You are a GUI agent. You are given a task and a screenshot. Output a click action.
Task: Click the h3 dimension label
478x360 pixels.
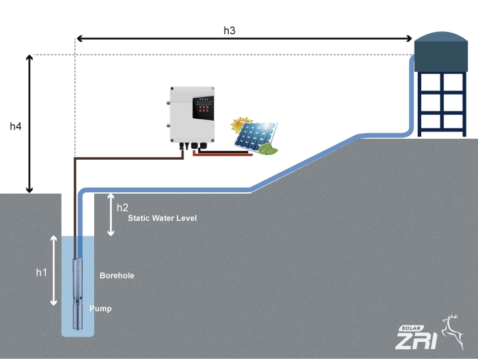click(x=229, y=30)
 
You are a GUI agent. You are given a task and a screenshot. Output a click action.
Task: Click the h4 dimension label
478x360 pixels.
click(x=16, y=126)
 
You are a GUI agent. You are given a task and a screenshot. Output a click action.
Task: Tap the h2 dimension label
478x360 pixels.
click(x=123, y=207)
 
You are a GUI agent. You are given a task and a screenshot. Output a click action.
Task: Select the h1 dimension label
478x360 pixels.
click(x=41, y=273)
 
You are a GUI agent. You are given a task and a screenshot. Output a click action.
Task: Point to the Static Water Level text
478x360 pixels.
click(x=162, y=218)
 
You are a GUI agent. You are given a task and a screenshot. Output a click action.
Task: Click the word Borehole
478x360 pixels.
click(x=116, y=276)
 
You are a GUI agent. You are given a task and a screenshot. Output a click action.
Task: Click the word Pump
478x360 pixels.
click(x=101, y=309)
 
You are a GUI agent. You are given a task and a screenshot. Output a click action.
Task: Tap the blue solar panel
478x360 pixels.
click(x=255, y=136)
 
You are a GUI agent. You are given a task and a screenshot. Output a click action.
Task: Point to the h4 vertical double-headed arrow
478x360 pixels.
click(x=29, y=124)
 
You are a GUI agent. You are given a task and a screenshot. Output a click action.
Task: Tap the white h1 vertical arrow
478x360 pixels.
click(x=54, y=270)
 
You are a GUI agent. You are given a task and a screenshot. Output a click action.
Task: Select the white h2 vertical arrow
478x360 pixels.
click(x=110, y=215)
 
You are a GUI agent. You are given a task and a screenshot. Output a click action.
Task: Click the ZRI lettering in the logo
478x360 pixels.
click(x=416, y=341)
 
